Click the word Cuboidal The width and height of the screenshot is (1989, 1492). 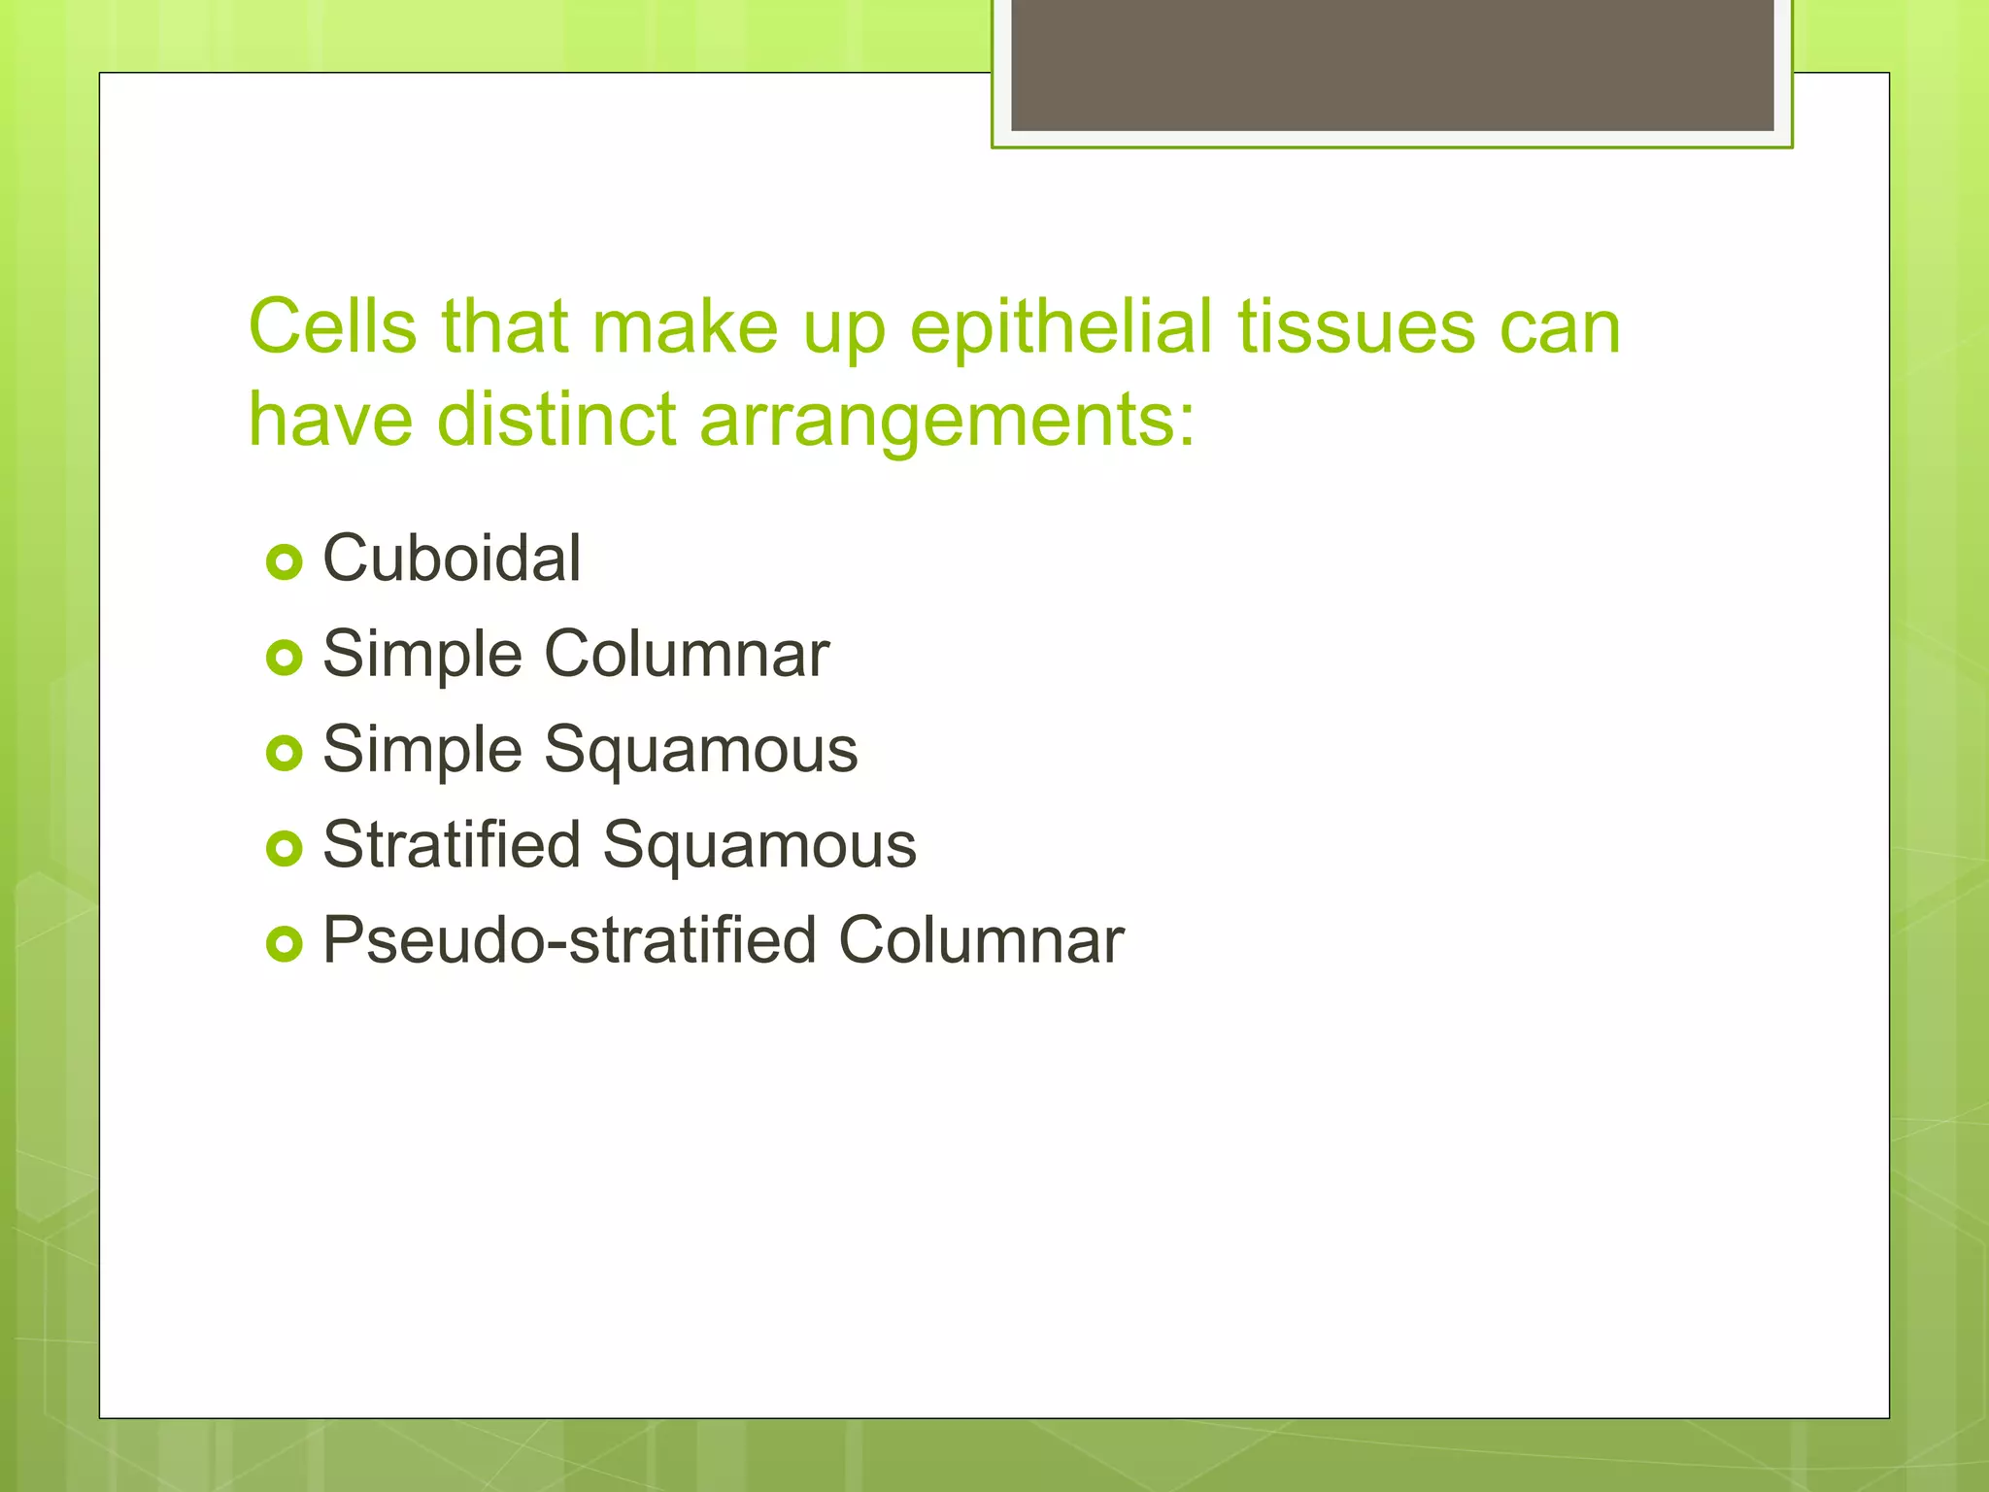(452, 559)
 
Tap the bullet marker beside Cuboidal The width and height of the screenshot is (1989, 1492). (285, 561)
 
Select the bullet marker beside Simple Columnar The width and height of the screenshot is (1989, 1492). (285, 658)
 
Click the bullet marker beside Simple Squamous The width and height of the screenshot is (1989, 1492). (285, 753)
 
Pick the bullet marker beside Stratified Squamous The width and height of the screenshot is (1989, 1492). (285, 848)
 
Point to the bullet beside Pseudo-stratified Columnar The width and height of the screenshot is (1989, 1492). (285, 943)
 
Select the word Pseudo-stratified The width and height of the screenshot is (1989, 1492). (569, 940)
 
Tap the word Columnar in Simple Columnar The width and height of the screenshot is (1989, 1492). (687, 654)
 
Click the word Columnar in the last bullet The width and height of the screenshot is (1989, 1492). (981, 940)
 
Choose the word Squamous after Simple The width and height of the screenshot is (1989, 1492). (700, 751)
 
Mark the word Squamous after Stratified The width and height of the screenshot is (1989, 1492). (759, 846)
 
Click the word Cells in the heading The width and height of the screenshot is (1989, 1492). (333, 326)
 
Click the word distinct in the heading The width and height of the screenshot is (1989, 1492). (556, 420)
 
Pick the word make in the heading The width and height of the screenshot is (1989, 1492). (686, 326)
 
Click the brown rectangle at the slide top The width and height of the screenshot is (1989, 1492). (1392, 64)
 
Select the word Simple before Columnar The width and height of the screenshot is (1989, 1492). (422, 656)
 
